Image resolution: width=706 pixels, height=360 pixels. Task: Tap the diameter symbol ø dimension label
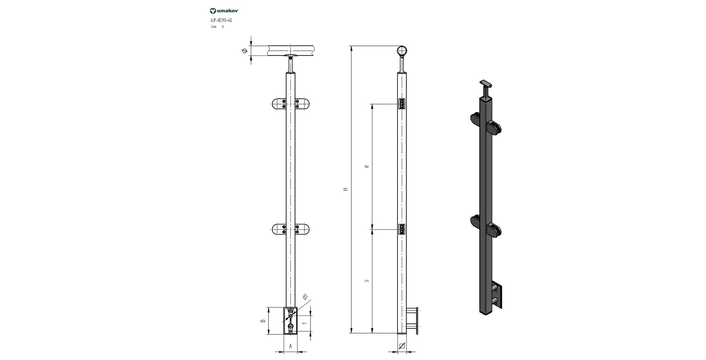244,51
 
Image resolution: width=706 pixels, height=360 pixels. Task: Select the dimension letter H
346,189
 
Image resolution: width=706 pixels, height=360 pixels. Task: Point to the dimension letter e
367,166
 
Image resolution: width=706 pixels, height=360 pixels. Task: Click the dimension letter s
367,280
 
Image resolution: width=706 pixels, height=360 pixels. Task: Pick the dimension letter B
263,321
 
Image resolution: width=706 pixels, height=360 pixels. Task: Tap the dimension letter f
304,325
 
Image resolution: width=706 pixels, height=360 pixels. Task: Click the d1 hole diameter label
306,297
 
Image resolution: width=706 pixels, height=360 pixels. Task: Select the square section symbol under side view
402,346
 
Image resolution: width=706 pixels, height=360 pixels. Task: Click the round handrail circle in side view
403,51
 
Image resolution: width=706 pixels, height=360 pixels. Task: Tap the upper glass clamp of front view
290,104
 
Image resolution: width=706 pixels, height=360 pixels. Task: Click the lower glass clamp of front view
290,229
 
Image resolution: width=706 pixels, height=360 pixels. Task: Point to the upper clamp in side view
402,104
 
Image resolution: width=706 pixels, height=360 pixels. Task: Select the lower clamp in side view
402,229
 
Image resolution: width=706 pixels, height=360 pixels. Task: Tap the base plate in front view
290,321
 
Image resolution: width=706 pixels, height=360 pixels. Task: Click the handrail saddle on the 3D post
487,84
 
